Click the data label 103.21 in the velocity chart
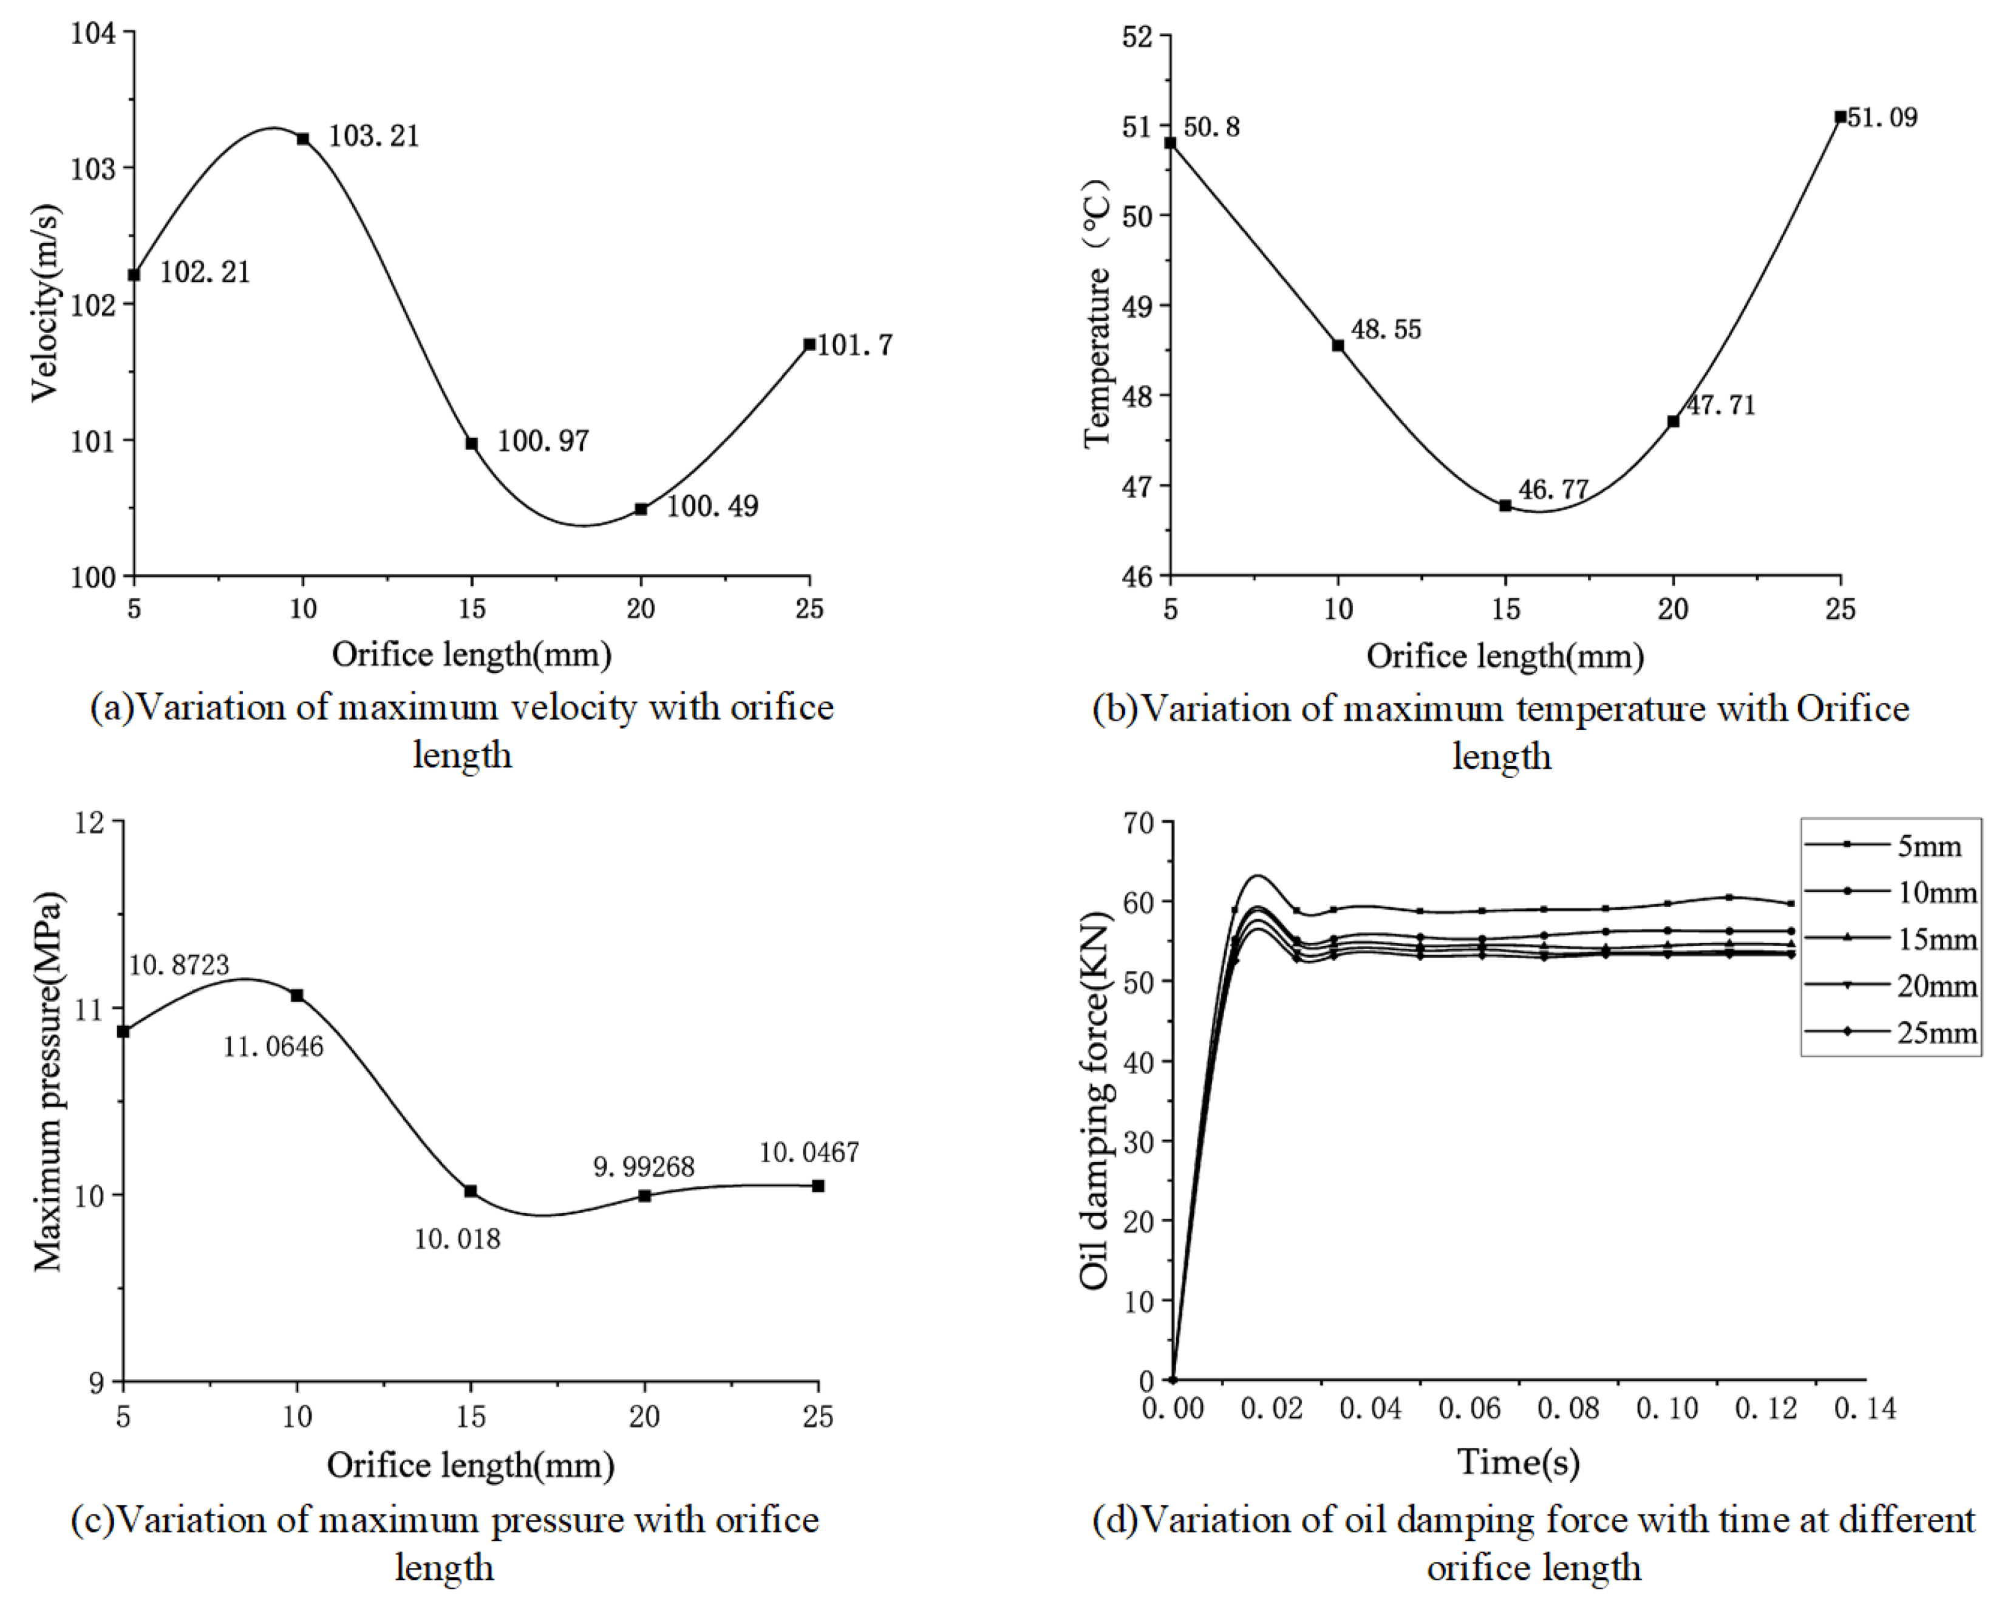coord(373,136)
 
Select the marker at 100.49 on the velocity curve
coord(641,509)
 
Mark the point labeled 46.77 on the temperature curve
coord(1505,505)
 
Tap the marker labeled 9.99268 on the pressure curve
coord(644,1196)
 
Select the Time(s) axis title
coord(1518,1463)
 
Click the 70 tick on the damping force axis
coord(1139,822)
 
